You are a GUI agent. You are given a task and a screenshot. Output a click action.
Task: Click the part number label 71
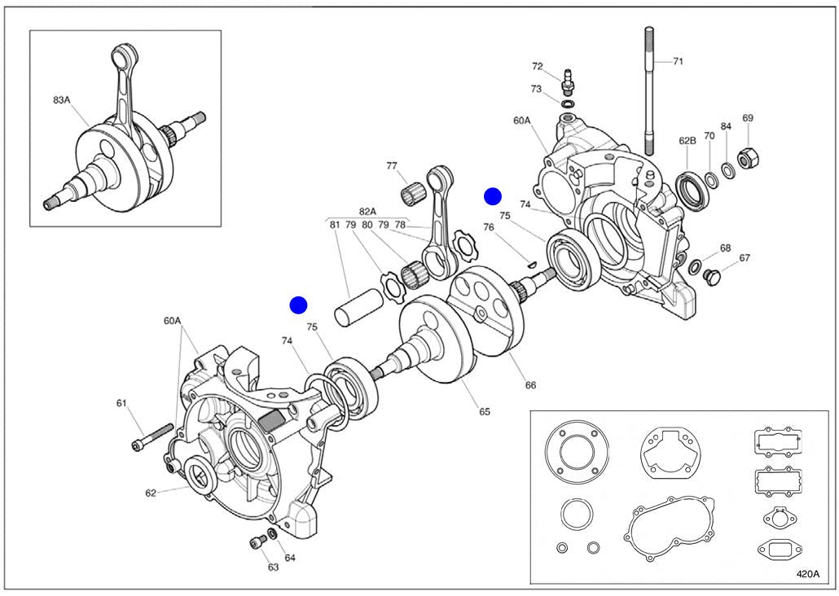(679, 61)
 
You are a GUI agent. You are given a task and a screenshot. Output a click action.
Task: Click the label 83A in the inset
(61, 100)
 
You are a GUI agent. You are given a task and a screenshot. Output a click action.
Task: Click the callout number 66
(530, 384)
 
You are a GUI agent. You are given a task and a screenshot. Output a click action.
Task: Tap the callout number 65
(485, 411)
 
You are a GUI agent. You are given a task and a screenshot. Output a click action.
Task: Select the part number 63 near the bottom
(274, 567)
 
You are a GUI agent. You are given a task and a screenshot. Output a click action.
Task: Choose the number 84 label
(726, 127)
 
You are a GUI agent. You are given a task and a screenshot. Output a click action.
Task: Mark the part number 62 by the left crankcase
(151, 492)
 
